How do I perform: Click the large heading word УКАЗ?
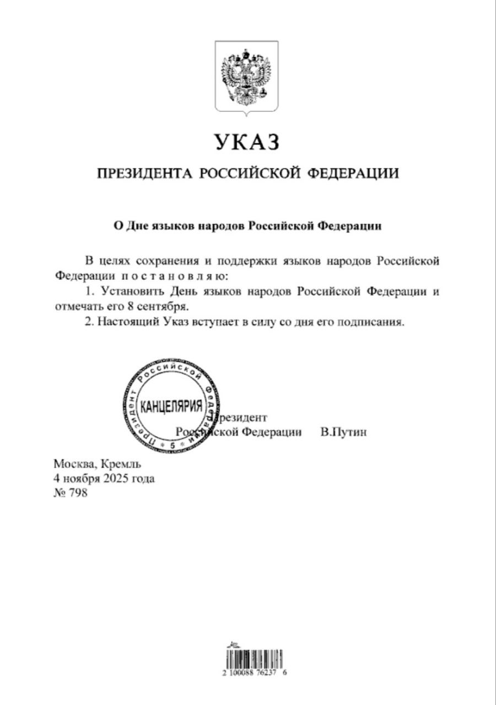[x=247, y=143]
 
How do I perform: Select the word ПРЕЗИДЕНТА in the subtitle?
[x=144, y=174]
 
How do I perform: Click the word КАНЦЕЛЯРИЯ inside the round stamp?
[x=171, y=407]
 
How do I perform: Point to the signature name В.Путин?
[x=344, y=432]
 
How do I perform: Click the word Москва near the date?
[x=74, y=463]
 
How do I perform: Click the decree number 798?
[x=78, y=493]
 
